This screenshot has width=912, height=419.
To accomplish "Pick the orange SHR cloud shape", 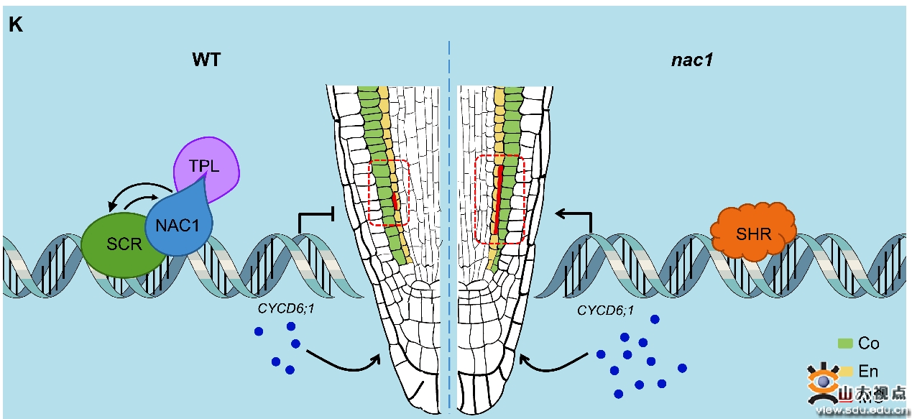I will pyautogui.click(x=752, y=231).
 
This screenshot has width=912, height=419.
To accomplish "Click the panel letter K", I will pyautogui.click(x=16, y=25).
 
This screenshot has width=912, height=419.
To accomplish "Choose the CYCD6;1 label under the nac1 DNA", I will pyautogui.click(x=606, y=310).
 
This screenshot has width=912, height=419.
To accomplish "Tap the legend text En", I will pyautogui.click(x=868, y=371).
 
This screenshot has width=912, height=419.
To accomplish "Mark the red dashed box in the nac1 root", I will pyautogui.click(x=500, y=199).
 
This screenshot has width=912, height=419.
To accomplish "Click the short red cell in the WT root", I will pyautogui.click(x=395, y=200).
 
